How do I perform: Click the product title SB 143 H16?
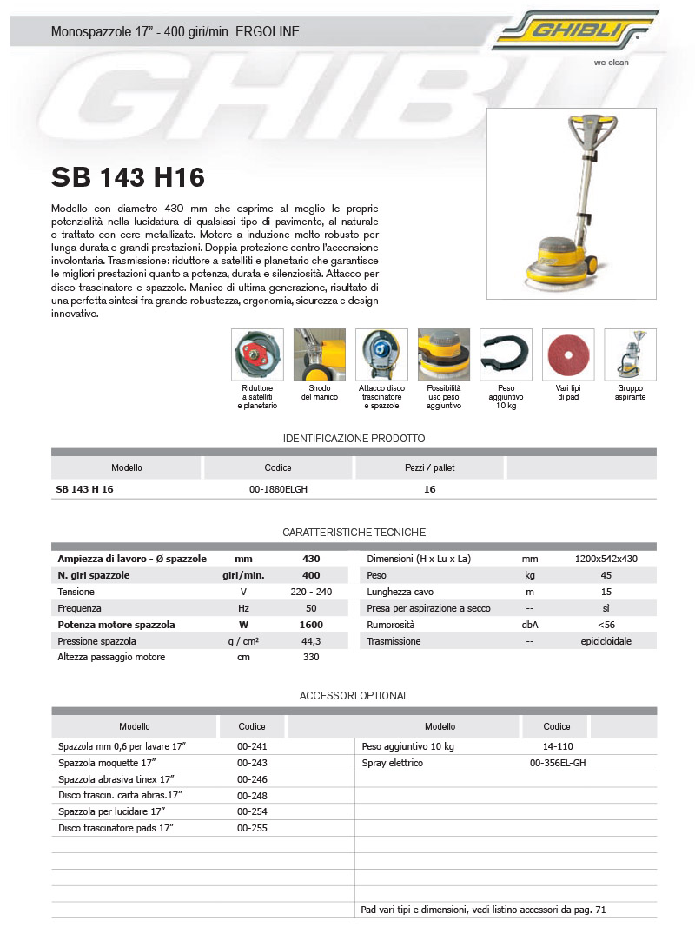(x=128, y=177)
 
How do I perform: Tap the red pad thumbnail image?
(x=567, y=354)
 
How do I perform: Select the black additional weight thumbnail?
(x=506, y=354)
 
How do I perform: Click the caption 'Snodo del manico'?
(x=319, y=393)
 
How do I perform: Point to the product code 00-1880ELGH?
(x=278, y=489)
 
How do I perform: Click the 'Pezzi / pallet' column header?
(x=429, y=467)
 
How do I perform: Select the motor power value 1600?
(x=311, y=625)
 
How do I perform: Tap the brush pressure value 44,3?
(x=311, y=641)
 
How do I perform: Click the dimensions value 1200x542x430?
(x=606, y=559)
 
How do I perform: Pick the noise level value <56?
(x=606, y=625)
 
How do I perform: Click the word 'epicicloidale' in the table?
(x=606, y=641)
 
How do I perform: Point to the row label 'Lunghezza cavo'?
(x=399, y=592)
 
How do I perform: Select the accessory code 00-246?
(x=252, y=779)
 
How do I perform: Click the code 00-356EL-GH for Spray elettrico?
(x=558, y=763)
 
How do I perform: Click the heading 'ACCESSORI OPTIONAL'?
(x=354, y=696)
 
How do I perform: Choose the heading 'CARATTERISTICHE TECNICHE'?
(x=354, y=532)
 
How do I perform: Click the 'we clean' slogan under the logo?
(x=611, y=63)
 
